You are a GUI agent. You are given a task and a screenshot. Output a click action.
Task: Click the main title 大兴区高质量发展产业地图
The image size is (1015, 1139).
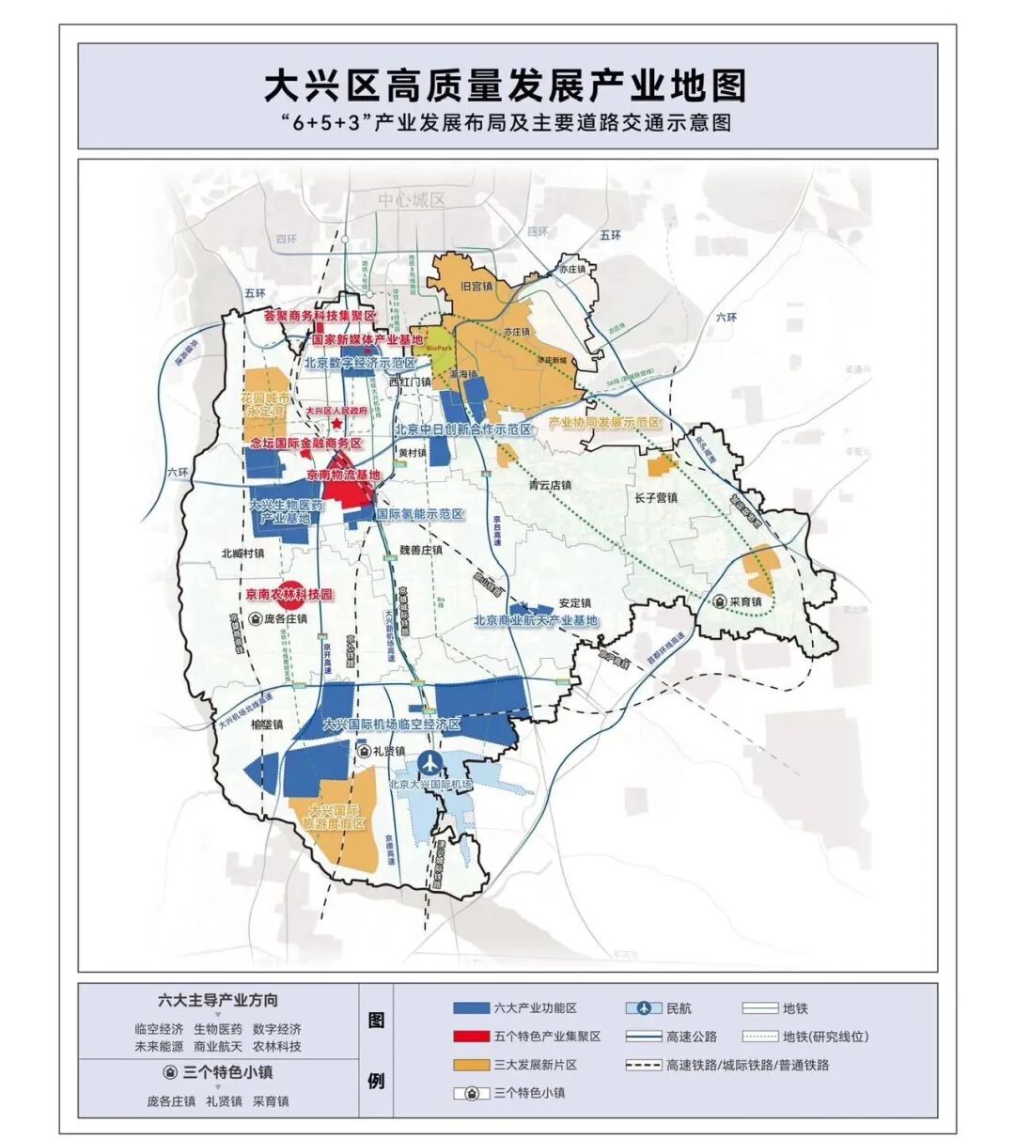coord(506,86)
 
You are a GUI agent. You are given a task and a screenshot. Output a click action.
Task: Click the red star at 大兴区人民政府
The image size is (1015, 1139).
coord(323,426)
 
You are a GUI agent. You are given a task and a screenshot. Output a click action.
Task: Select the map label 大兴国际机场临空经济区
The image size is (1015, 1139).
coord(391,725)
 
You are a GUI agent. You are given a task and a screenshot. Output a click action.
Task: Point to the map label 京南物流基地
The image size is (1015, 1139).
coord(344,476)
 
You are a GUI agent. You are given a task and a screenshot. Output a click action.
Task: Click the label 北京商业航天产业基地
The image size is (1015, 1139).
coord(536,620)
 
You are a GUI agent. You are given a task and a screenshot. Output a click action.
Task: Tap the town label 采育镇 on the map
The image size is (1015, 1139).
coord(745,601)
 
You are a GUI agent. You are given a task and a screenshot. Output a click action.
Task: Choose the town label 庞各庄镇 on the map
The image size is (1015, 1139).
coord(285,619)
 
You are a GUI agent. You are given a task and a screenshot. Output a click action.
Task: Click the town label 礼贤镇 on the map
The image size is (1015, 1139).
coord(386,751)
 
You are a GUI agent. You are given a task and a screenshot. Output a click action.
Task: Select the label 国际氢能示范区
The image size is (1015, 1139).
coord(419,514)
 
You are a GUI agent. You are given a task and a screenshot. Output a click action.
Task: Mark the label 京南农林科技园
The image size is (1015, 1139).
coord(289,595)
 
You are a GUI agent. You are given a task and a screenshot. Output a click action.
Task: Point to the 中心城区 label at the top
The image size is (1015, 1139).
coord(412,200)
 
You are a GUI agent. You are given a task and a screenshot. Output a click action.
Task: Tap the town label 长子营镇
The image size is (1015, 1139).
coord(656,497)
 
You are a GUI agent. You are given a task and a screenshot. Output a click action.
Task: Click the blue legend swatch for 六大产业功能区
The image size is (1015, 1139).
coord(471,1008)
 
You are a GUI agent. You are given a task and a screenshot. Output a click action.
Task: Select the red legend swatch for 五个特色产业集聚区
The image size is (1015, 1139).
coord(471,1037)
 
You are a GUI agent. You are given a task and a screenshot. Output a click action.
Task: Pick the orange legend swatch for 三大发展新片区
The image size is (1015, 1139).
coord(471,1065)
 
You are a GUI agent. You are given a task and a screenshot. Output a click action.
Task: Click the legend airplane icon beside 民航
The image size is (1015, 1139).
coord(644,1008)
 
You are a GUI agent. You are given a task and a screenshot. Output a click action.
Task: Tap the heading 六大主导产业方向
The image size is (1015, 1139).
coord(218,1000)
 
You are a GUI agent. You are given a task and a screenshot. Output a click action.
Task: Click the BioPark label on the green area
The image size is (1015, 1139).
coord(439,348)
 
